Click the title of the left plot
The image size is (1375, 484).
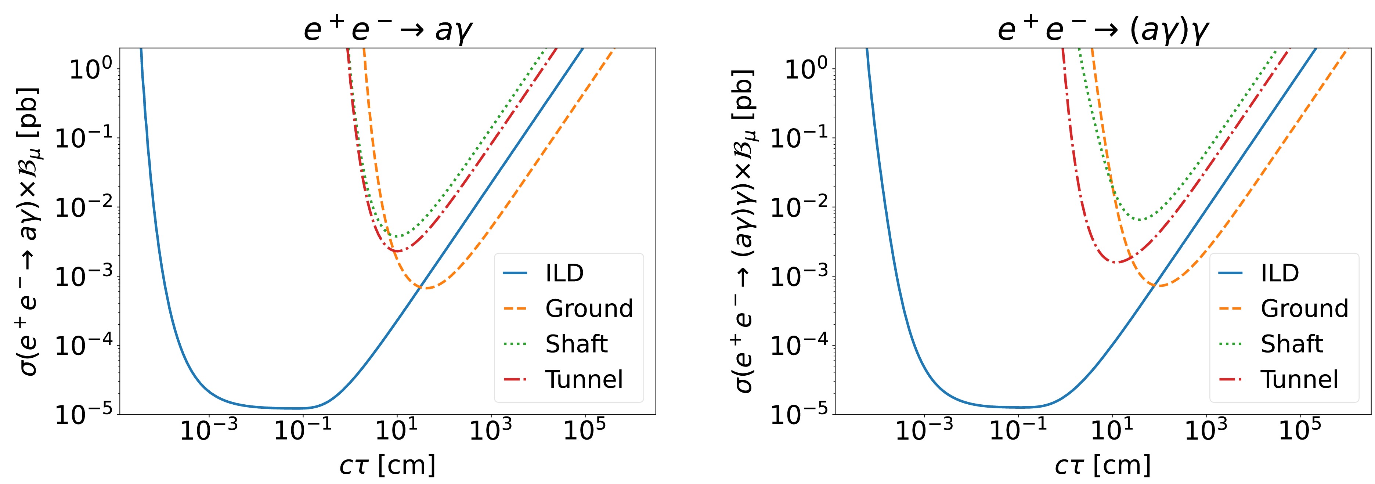click(x=388, y=29)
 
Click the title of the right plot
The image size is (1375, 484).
click(x=1103, y=29)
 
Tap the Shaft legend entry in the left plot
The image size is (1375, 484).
click(x=576, y=344)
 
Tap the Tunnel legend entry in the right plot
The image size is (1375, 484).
click(x=1299, y=379)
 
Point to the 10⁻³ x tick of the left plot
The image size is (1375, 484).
click(x=209, y=430)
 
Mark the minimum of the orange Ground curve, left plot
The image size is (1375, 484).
click(x=427, y=288)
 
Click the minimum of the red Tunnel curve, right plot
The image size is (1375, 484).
click(x=1116, y=262)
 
